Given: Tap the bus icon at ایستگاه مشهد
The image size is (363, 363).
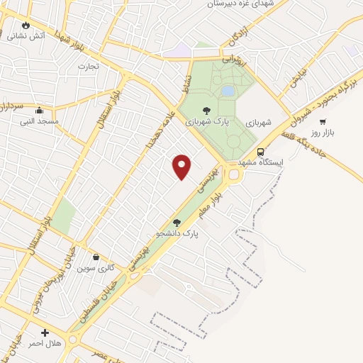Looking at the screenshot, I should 261,152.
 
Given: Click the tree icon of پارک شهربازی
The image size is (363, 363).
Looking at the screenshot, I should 206,111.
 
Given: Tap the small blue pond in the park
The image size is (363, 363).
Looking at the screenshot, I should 228,91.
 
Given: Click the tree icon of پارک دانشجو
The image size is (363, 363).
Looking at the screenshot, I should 177,223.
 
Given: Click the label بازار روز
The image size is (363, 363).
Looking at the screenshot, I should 322,133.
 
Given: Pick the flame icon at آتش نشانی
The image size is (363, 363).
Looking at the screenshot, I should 26,25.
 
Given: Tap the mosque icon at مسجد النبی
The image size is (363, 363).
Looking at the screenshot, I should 38,110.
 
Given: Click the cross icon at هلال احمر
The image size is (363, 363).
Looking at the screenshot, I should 45,332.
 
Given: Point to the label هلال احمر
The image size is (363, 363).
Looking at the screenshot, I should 45,343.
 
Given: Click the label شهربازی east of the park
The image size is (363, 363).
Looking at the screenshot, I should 259,123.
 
